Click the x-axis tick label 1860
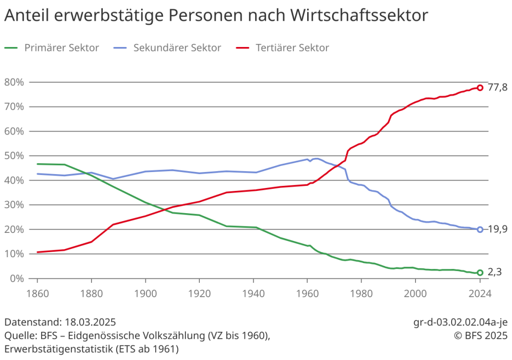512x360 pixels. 37,293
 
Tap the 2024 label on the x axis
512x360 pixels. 480,293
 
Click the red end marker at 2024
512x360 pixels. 480,88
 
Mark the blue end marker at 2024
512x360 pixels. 480,229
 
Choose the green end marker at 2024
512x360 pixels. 480,272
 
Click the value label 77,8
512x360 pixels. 498,88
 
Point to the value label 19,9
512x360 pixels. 498,229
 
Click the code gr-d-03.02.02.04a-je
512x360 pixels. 460,322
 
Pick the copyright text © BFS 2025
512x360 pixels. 481,335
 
